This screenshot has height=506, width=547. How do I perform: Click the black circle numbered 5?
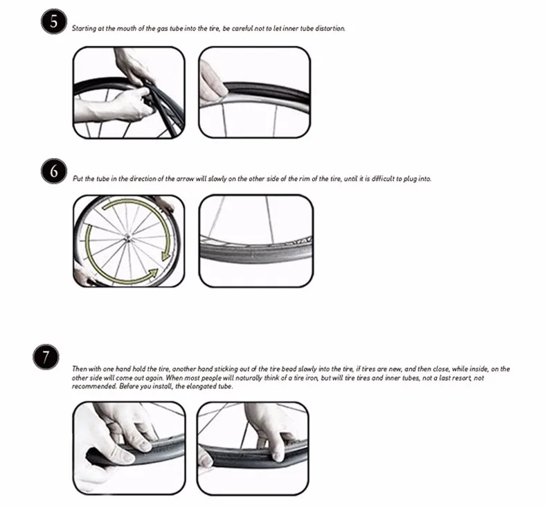click(x=54, y=21)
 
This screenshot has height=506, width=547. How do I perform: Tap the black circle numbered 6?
click(x=54, y=171)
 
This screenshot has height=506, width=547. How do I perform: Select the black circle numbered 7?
click(x=46, y=357)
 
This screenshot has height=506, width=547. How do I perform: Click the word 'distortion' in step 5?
click(x=330, y=28)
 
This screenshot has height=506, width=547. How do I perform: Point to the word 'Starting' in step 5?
click(x=84, y=28)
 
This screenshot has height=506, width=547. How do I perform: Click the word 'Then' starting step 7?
click(x=79, y=369)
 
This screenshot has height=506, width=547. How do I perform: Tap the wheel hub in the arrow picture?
click(x=127, y=238)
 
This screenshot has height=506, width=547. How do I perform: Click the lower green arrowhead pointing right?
click(x=153, y=273)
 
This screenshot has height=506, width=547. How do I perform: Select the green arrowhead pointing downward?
click(x=165, y=256)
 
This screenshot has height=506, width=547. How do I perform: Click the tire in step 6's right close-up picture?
click(x=255, y=252)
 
